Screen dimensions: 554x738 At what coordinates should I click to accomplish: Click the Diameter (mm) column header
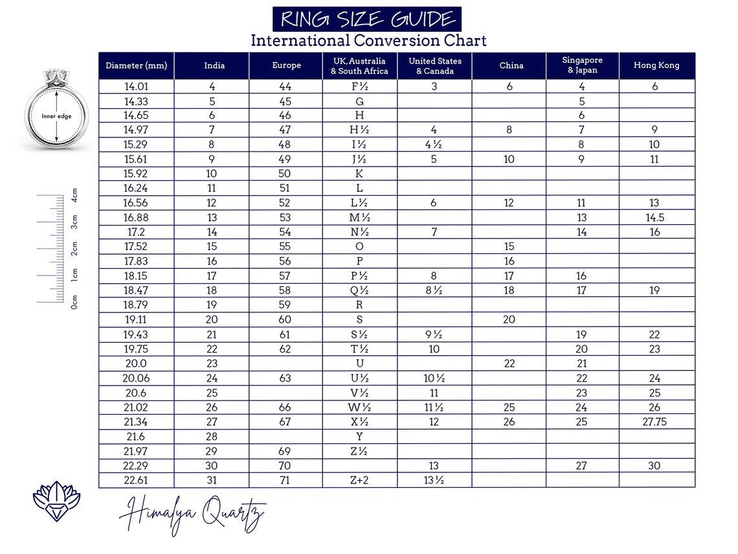[136, 65]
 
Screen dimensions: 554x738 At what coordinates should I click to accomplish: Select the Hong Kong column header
[656, 65]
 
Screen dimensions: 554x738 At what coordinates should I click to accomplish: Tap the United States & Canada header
[434, 65]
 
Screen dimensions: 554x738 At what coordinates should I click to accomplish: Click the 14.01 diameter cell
[136, 86]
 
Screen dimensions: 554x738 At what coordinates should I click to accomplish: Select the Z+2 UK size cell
[359, 480]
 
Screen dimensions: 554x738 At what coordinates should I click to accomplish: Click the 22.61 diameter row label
[136, 480]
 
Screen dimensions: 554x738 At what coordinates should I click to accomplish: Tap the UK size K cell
[359, 174]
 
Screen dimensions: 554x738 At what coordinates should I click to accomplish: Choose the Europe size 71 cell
[285, 480]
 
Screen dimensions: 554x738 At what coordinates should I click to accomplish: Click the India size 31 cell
[212, 480]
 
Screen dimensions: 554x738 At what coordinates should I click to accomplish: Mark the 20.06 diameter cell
[136, 378]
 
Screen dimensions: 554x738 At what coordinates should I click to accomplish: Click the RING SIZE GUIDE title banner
[366, 19]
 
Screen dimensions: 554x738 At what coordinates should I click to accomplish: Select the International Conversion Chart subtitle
[368, 40]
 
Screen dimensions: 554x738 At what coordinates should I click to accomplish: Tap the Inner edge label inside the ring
[56, 117]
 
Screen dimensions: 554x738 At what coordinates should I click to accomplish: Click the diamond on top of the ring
[56, 75]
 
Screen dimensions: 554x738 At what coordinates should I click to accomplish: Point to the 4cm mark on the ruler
[74, 195]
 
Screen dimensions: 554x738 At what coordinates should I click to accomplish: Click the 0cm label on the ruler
[74, 301]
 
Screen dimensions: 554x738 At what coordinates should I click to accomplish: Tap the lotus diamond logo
[56, 501]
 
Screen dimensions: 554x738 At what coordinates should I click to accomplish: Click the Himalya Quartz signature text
[192, 515]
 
